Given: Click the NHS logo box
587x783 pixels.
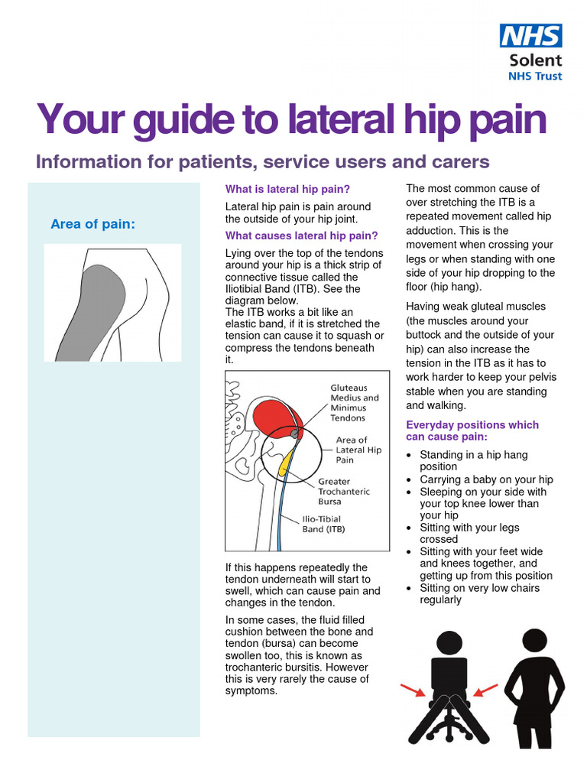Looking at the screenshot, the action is [x=530, y=35].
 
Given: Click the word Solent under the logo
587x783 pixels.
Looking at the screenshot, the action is [x=535, y=60].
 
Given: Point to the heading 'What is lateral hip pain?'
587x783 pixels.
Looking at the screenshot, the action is [x=287, y=189].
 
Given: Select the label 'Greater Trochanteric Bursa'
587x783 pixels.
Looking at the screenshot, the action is [x=343, y=492].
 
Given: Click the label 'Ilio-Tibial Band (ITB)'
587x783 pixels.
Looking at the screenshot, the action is [x=322, y=524].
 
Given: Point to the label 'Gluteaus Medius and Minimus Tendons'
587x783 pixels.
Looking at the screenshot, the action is [x=354, y=403].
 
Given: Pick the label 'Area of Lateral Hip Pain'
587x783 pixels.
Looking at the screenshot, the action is [x=358, y=450].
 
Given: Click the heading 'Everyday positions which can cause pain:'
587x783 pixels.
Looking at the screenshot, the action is [x=472, y=430].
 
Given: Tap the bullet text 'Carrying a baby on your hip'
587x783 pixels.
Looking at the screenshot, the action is [x=486, y=479].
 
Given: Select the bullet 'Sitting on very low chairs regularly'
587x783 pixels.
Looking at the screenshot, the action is [x=479, y=594].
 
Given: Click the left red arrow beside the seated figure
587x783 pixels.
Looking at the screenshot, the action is [x=413, y=691].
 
